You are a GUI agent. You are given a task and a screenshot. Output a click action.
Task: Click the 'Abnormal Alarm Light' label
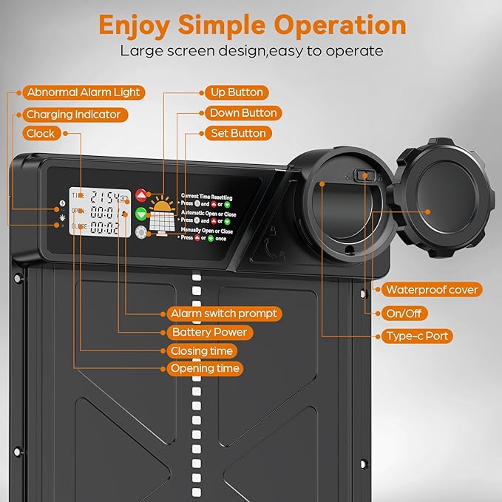coord(82,93)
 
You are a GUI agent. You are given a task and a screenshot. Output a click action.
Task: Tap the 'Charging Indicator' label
coord(73,115)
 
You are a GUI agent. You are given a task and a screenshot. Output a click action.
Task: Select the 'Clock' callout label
coord(41,134)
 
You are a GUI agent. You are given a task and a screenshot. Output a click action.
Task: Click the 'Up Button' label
coord(235,92)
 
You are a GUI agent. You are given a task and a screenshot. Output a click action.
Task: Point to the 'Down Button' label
coord(243,113)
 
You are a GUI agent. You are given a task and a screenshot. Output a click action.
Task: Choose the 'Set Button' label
coord(237,134)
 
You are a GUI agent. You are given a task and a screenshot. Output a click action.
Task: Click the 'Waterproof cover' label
coord(432,290)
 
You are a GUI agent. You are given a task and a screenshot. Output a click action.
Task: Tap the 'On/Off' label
coord(403,313)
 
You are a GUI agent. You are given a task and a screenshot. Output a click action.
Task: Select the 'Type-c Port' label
coord(417,336)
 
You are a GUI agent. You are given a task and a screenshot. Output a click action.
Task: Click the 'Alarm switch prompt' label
coord(223,313)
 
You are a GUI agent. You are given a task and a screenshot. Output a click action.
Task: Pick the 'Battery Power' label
coord(208,333)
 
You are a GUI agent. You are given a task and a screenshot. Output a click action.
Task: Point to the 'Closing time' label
coord(201,351)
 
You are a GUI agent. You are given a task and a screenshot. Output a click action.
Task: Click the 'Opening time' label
coord(206,368)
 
